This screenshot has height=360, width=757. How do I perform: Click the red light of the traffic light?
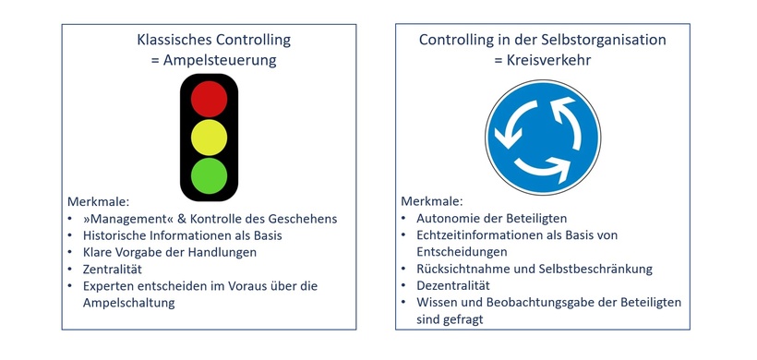coord(209,99)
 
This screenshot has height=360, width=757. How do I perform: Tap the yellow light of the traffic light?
coord(209,137)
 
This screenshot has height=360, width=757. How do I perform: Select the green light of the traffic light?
coord(209,175)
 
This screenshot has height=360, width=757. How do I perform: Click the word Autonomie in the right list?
coord(450,219)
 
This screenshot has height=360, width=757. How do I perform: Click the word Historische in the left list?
coord(117,235)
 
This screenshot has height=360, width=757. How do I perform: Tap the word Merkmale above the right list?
coord(431,201)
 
